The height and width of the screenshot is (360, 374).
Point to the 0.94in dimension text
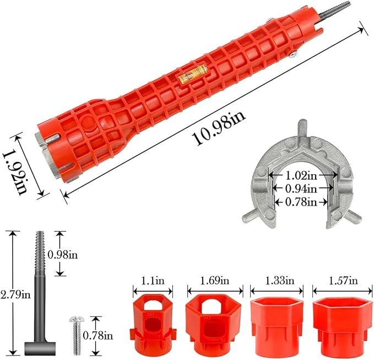tap(301, 189)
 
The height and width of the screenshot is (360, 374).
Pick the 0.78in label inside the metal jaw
tap(301, 202)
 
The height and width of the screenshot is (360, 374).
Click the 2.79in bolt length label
tap(15, 294)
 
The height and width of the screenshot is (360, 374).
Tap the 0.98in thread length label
tap(63, 255)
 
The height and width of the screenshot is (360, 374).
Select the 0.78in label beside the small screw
tap(98, 336)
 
